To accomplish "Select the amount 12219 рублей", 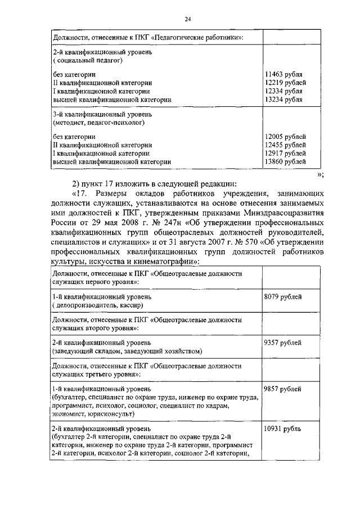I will tap(285, 83).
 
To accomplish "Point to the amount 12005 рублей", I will tap(285, 137).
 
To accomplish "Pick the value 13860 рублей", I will tap(285, 161).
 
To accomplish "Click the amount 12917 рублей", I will tap(285, 153).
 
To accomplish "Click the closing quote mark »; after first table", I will tap(320, 174).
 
